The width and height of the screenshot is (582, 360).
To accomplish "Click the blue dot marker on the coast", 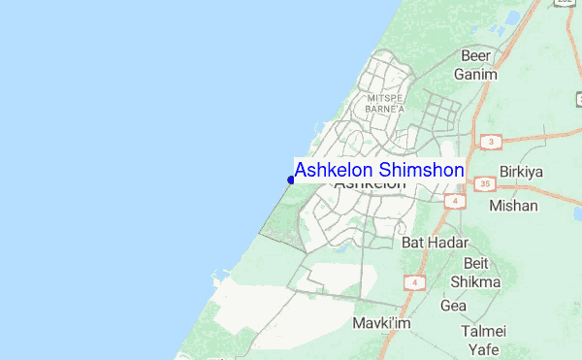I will coord(291,179).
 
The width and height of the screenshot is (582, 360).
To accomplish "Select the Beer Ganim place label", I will coord(477,65).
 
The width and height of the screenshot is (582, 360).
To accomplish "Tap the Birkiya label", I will coord(521,172).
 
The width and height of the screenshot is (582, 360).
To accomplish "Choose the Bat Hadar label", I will coord(435,242).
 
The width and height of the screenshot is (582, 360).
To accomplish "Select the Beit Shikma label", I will coord(475,273).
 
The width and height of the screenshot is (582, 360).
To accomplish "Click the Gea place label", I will coord(454,306).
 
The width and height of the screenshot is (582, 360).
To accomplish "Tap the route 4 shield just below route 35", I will coord(452,201).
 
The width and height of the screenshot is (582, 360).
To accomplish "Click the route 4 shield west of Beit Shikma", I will coord(413,282).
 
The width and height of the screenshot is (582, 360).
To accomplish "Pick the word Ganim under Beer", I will coord(476,74).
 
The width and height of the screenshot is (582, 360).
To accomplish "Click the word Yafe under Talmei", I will coord(483,348).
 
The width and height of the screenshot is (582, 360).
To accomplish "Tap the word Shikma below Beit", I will coord(475,281).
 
